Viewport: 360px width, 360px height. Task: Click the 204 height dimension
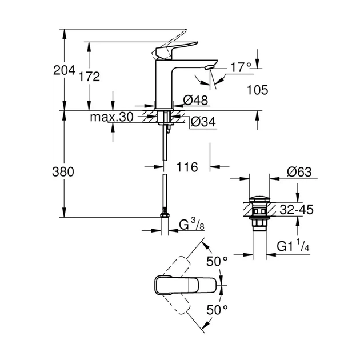[x=64, y=70]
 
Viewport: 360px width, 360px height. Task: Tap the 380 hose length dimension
[x=64, y=171]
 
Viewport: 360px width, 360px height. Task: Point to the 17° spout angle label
[x=241, y=67]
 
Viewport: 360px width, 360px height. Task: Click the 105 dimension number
[x=258, y=90]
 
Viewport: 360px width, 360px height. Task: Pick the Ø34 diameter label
[x=202, y=121]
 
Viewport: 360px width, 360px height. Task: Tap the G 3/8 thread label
[x=192, y=224]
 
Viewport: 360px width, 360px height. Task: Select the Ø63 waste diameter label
[x=299, y=172]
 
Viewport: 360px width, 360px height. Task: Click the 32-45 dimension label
[x=297, y=210]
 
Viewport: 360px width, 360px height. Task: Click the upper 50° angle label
[x=217, y=261]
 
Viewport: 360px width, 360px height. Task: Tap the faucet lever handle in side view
[x=174, y=49]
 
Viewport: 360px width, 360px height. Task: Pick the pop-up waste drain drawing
[x=259, y=214]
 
